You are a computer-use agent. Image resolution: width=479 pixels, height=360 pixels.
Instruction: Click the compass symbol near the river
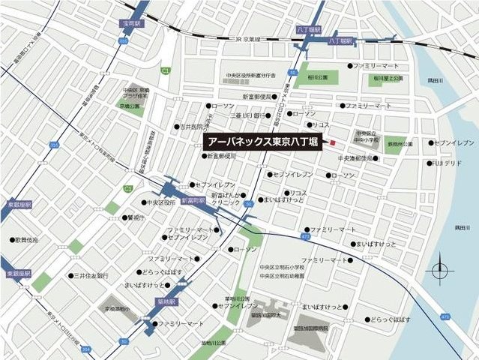(440, 271)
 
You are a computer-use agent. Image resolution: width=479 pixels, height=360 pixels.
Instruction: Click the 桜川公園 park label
(318, 78)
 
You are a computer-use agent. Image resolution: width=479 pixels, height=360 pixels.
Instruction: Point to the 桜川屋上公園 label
(388, 78)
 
